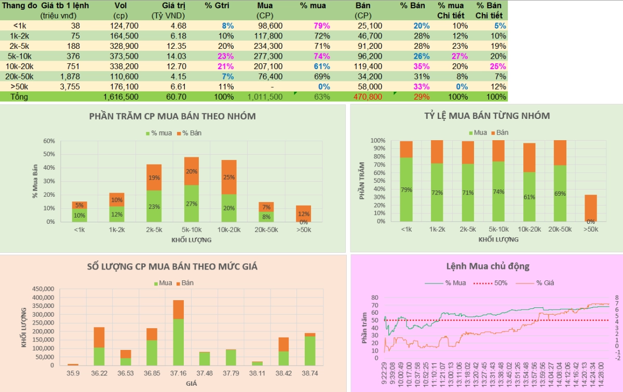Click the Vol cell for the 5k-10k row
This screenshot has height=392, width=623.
click(x=124, y=56)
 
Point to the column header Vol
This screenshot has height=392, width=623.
click(x=120, y=5)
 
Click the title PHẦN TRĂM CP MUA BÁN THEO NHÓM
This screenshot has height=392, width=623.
click(x=173, y=116)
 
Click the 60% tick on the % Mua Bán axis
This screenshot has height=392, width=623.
click(x=49, y=141)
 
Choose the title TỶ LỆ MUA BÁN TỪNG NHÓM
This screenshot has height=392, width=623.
click(x=487, y=116)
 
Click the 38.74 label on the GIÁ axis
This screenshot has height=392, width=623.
click(x=310, y=373)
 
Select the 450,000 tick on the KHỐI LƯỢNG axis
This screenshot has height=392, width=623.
click(x=43, y=289)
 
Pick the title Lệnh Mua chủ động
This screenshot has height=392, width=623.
click(x=487, y=266)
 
